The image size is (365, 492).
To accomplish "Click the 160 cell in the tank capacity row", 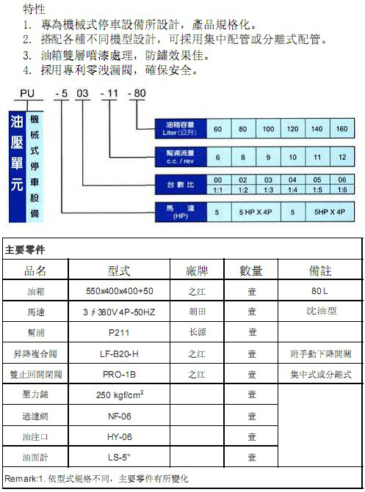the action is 342,128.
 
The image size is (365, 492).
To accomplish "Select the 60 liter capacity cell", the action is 218,128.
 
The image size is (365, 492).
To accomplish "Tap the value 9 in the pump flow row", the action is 268,157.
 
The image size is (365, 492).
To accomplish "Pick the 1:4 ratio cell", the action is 293,190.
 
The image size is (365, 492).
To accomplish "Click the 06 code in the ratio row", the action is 342,180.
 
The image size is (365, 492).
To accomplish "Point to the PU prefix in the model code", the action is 27,94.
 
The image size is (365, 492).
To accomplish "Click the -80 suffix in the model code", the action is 137,93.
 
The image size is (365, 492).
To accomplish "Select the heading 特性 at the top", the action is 34,9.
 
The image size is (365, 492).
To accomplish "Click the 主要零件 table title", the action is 25,250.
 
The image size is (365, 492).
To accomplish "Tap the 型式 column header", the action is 119,271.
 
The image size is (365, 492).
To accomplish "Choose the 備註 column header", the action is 320,271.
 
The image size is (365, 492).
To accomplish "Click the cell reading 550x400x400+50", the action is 120,291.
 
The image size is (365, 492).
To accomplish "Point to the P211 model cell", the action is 119,333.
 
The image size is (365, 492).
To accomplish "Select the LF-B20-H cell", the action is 119,354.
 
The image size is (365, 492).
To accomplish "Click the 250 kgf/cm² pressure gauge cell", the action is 120,394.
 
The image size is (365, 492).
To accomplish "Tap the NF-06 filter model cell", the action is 120,416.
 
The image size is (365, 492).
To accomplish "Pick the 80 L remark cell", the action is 319,291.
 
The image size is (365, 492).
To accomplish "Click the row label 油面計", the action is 35,457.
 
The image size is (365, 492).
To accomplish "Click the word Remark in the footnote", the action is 21,479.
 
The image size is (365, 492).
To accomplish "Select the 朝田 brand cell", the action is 197,312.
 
